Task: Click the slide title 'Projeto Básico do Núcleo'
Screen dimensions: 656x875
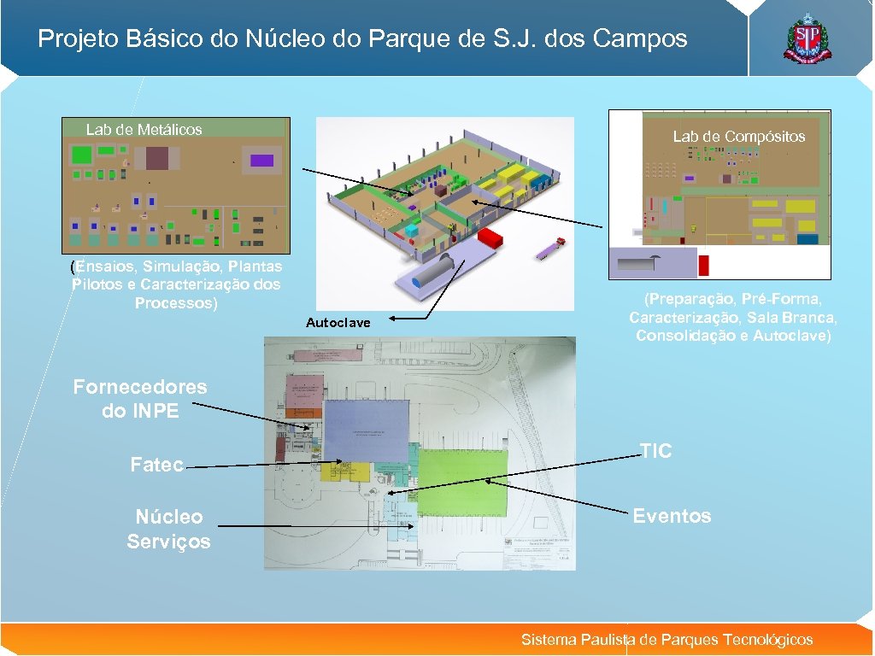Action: click(362, 39)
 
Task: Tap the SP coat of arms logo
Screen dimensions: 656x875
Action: click(807, 39)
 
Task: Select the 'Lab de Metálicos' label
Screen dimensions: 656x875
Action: click(144, 130)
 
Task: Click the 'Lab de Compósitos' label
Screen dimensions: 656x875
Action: click(738, 137)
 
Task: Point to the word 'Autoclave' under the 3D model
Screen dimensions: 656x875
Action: click(338, 323)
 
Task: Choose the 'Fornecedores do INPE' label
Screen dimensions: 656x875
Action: click(140, 398)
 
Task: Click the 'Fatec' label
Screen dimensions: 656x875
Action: click(156, 466)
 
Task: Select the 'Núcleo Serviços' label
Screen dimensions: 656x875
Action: click(168, 529)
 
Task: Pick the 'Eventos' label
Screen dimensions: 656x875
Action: click(672, 516)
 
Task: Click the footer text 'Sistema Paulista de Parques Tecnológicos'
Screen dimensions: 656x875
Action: click(667, 640)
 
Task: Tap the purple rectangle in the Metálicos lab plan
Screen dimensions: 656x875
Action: click(261, 161)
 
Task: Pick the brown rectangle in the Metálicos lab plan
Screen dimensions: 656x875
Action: click(157, 158)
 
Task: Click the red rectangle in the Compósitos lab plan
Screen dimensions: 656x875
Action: click(703, 265)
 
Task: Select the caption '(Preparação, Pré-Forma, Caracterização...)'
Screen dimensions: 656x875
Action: click(733, 318)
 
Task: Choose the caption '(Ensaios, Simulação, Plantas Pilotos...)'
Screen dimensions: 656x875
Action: click(177, 284)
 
